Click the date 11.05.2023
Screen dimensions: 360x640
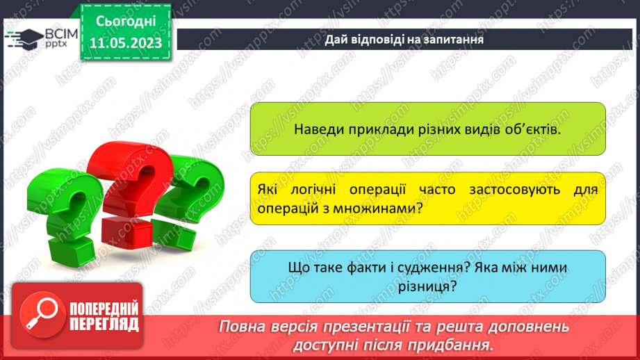click(x=126, y=42)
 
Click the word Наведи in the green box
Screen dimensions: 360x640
click(x=317, y=129)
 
